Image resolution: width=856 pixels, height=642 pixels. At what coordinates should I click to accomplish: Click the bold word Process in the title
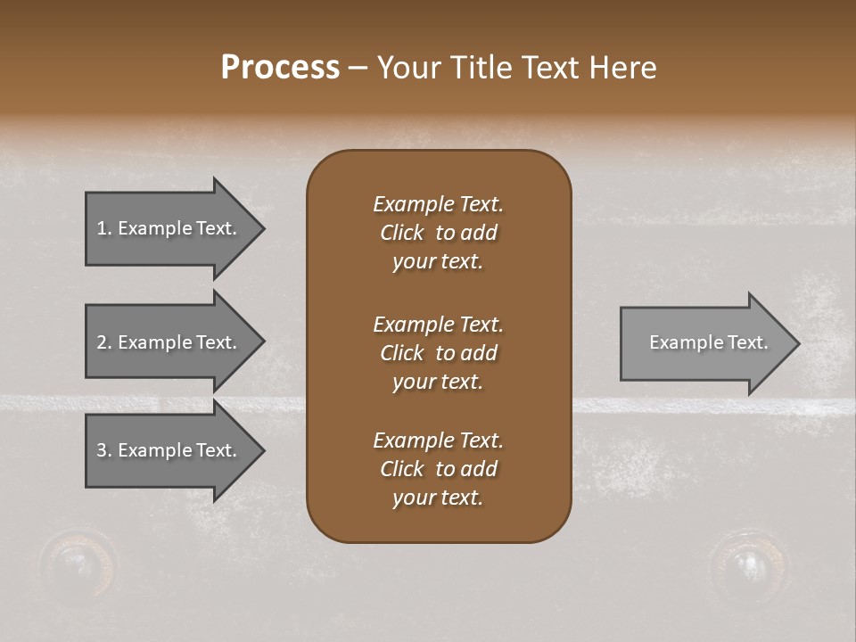click(x=280, y=68)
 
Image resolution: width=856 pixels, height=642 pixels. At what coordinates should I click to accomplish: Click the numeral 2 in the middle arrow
click(x=102, y=342)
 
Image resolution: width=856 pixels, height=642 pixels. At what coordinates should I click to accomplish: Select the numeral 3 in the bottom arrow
click(x=102, y=450)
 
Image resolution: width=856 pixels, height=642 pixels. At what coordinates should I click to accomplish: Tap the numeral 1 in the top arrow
click(x=102, y=228)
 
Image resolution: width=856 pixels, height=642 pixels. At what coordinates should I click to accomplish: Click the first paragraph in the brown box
click(x=438, y=233)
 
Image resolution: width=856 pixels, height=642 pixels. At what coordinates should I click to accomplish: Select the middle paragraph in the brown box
click(x=438, y=353)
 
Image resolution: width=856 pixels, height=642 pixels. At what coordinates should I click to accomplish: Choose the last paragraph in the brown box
click(x=438, y=469)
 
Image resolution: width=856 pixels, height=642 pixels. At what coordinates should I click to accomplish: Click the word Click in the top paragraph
click(x=401, y=233)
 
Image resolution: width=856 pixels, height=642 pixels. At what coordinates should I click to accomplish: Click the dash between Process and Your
click(x=358, y=69)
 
